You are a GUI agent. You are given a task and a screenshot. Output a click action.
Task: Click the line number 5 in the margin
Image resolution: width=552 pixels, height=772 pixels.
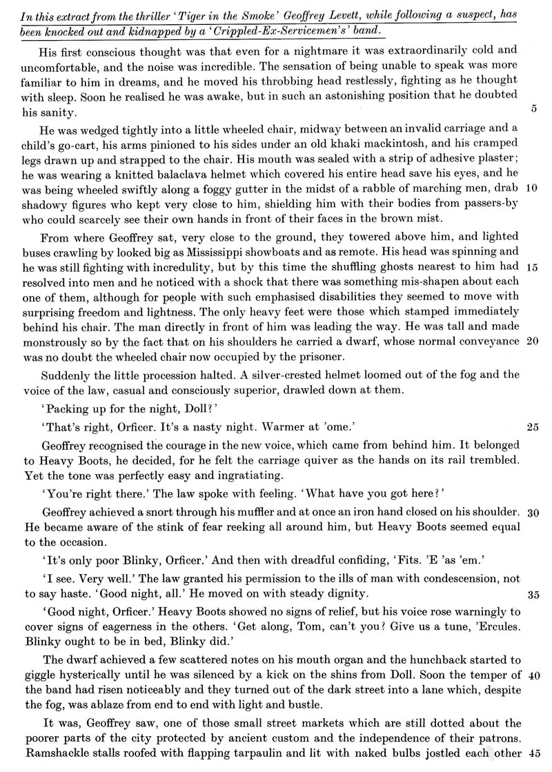point(534,109)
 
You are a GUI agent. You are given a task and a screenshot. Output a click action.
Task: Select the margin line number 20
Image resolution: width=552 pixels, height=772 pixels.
point(532,342)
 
